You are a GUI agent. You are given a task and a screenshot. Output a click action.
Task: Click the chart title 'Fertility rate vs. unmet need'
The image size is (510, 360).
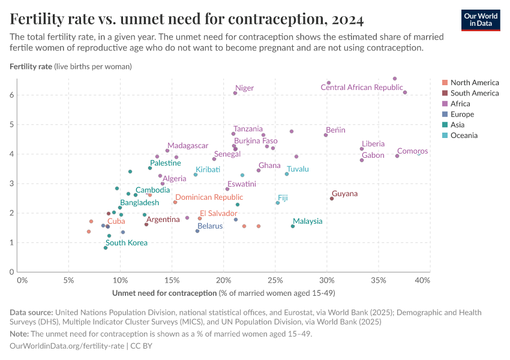coord(187,19)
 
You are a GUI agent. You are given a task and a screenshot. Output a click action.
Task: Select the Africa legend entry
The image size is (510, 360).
coord(460,104)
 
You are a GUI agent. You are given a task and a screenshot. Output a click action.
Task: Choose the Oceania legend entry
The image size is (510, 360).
coord(464,136)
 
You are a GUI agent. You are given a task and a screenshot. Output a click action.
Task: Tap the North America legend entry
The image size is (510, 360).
coord(474,83)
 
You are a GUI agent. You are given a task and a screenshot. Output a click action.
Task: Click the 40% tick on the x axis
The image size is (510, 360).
coord(422,280)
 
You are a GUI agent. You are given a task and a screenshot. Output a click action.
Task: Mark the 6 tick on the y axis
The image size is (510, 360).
coord(11,95)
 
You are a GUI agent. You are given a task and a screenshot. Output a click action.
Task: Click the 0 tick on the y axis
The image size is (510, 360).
coord(11,272)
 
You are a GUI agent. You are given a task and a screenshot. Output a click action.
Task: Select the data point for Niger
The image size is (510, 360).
coord(235,93)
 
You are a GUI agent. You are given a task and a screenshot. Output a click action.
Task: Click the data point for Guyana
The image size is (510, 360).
coord(332,199)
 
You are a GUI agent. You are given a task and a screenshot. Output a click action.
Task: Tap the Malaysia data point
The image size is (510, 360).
coord(293,226)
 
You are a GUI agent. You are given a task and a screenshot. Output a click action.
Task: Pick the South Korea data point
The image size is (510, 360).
coord(106,248)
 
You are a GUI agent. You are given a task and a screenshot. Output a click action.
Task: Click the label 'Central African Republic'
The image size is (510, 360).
coord(361,88)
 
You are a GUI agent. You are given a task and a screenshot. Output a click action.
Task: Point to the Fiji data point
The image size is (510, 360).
coord(278,203)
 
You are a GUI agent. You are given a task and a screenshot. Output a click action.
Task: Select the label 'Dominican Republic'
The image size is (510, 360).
coord(209,197)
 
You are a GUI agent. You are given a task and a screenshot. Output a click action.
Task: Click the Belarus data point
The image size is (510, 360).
coord(197,231)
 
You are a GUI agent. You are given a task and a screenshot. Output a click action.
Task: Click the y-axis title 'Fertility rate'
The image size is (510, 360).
coord(31,66)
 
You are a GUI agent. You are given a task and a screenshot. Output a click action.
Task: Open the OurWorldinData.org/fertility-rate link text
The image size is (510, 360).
coord(67,346)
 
